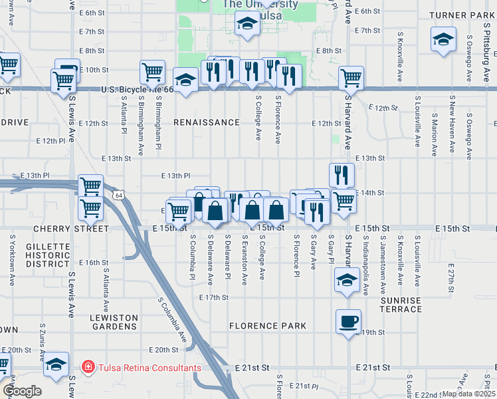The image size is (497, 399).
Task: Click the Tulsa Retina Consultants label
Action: [149, 368]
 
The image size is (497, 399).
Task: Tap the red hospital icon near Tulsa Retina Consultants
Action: [87, 367]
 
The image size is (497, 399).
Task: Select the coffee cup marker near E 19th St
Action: [348, 323]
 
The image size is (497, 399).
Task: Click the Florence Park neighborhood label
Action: [268, 326]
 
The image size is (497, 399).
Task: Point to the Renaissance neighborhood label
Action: [207, 123]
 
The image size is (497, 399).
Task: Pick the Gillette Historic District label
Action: [49, 255]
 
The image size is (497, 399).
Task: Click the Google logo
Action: [22, 391]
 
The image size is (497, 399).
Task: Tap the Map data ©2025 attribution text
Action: [469, 394]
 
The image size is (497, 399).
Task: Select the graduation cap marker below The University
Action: [247, 26]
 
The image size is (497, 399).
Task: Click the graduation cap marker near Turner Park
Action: [443, 39]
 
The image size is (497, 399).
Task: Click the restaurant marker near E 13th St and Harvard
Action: [342, 176]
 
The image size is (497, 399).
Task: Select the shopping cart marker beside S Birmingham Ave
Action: [153, 71]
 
